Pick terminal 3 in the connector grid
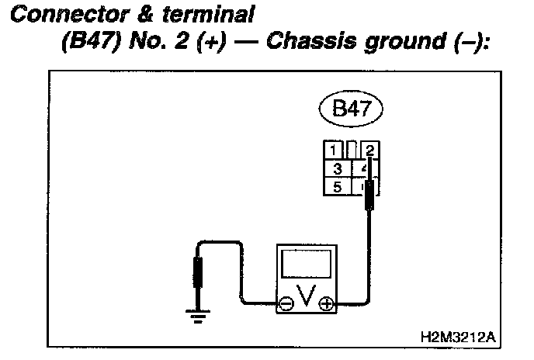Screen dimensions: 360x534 pyautogui.click(x=337, y=168)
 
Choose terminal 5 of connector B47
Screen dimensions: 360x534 pyautogui.click(x=337, y=186)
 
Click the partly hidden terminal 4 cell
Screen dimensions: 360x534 pyautogui.click(x=360, y=168)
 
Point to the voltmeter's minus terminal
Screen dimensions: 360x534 pyautogui.click(x=286, y=304)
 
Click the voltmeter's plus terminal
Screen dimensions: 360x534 pyautogui.click(x=326, y=304)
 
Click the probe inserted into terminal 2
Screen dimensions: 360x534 pyautogui.click(x=371, y=194)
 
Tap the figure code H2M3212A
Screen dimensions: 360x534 pyautogui.click(x=457, y=337)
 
